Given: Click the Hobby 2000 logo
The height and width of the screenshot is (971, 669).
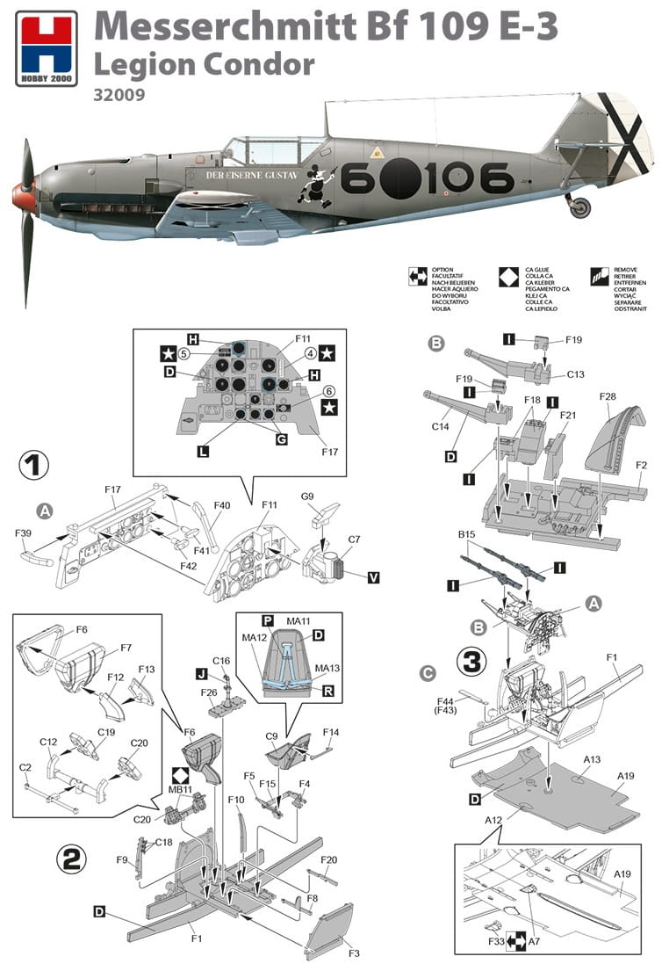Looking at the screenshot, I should tap(46, 47).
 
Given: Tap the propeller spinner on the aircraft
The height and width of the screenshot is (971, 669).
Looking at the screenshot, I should tap(24, 199).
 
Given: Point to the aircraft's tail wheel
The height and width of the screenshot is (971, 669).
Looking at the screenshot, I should tap(580, 208).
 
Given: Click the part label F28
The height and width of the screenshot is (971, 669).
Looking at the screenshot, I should tap(608, 397).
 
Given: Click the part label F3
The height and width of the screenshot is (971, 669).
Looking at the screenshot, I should tap(352, 952).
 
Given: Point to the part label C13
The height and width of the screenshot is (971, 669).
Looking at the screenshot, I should tap(575, 373).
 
